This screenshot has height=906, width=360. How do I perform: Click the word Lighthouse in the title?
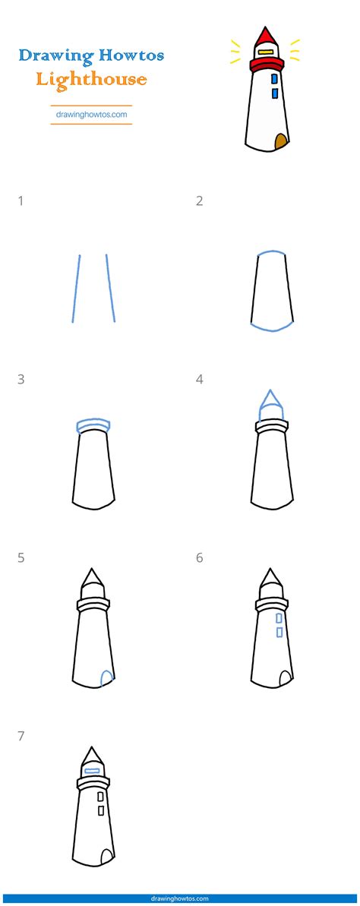[90, 78]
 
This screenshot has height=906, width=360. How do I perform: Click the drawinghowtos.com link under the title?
[91, 115]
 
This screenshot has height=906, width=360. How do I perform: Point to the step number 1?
[21, 201]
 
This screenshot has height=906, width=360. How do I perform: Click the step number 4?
[200, 380]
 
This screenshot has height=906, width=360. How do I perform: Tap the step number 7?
[21, 735]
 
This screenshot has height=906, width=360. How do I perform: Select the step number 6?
[200, 557]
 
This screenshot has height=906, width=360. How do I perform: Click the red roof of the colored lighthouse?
[265, 38]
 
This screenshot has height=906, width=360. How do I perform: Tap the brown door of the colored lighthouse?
[280, 141]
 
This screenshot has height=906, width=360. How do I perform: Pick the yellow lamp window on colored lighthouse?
[265, 52]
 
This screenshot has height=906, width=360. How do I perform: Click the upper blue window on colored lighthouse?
[274, 78]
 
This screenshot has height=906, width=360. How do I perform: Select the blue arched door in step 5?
[108, 677]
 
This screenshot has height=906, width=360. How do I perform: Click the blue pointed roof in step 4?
[270, 402]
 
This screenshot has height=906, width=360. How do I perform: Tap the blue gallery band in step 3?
[93, 424]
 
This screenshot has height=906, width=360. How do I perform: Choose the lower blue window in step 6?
[279, 632]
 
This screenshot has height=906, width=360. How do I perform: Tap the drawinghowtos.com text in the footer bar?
[180, 899]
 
